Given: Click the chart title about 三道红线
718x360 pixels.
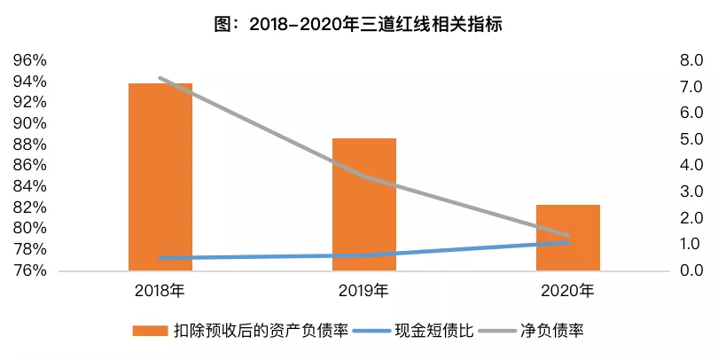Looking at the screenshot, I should coord(359,26).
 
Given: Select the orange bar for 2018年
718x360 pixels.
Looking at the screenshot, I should coord(160,177).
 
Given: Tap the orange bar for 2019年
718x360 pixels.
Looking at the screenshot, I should coord(364,204).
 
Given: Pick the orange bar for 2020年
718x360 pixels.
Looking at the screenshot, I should coord(568,238).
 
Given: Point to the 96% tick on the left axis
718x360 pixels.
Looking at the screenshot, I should coord(28,61).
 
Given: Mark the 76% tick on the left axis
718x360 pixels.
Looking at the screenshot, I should coord(28,270).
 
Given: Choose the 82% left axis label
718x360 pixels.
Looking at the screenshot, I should coord(28,207).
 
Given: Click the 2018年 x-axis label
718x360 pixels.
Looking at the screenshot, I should coord(160,290).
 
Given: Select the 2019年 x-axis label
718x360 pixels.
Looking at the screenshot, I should coord(363,290).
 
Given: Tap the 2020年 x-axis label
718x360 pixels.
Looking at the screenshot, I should coord(568,290).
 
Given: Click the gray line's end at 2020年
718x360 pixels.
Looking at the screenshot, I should coord(568,236).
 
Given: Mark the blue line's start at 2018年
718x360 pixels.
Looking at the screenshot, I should coord(160,258).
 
